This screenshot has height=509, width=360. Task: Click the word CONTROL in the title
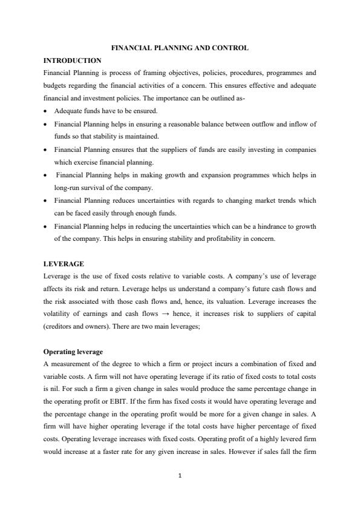(x=232, y=48)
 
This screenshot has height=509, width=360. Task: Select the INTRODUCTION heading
(x=73, y=61)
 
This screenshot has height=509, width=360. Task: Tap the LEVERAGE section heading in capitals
(x=64, y=264)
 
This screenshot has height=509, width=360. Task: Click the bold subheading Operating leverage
(x=73, y=351)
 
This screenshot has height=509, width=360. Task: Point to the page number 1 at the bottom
(x=180, y=475)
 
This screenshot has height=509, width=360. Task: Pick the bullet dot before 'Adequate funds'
(x=47, y=111)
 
